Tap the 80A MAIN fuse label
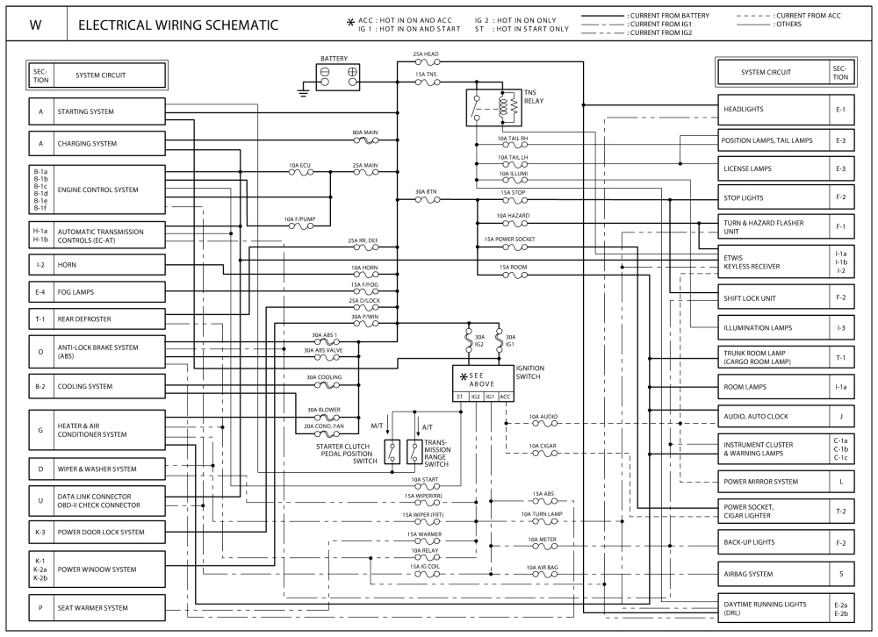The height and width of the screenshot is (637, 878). click(x=364, y=132)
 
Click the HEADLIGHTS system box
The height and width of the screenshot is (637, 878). click(x=774, y=110)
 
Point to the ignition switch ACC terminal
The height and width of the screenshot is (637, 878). click(x=505, y=397)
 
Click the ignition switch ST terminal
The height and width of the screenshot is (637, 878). click(x=459, y=397)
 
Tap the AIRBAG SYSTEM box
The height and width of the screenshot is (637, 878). click(x=774, y=574)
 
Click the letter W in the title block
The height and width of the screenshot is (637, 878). click(x=35, y=25)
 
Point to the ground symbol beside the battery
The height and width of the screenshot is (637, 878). click(x=303, y=90)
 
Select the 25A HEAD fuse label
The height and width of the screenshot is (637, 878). click(x=426, y=54)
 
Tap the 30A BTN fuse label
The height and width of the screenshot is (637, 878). click(x=427, y=191)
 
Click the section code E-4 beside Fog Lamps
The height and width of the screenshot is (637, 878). click(x=40, y=291)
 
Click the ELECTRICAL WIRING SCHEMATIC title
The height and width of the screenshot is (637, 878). click(x=178, y=25)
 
